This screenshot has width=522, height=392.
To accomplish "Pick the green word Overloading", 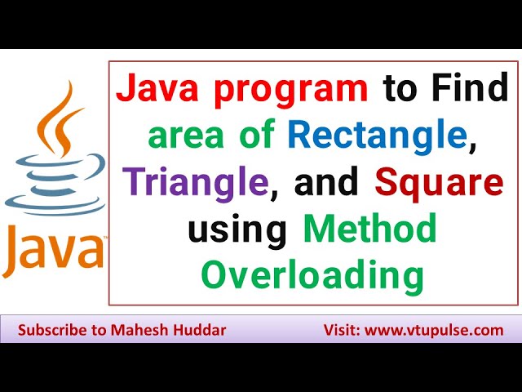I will click(313, 277).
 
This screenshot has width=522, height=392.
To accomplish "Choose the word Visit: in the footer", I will click(338, 331).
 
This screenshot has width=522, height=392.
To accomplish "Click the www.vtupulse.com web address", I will click(435, 331).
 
